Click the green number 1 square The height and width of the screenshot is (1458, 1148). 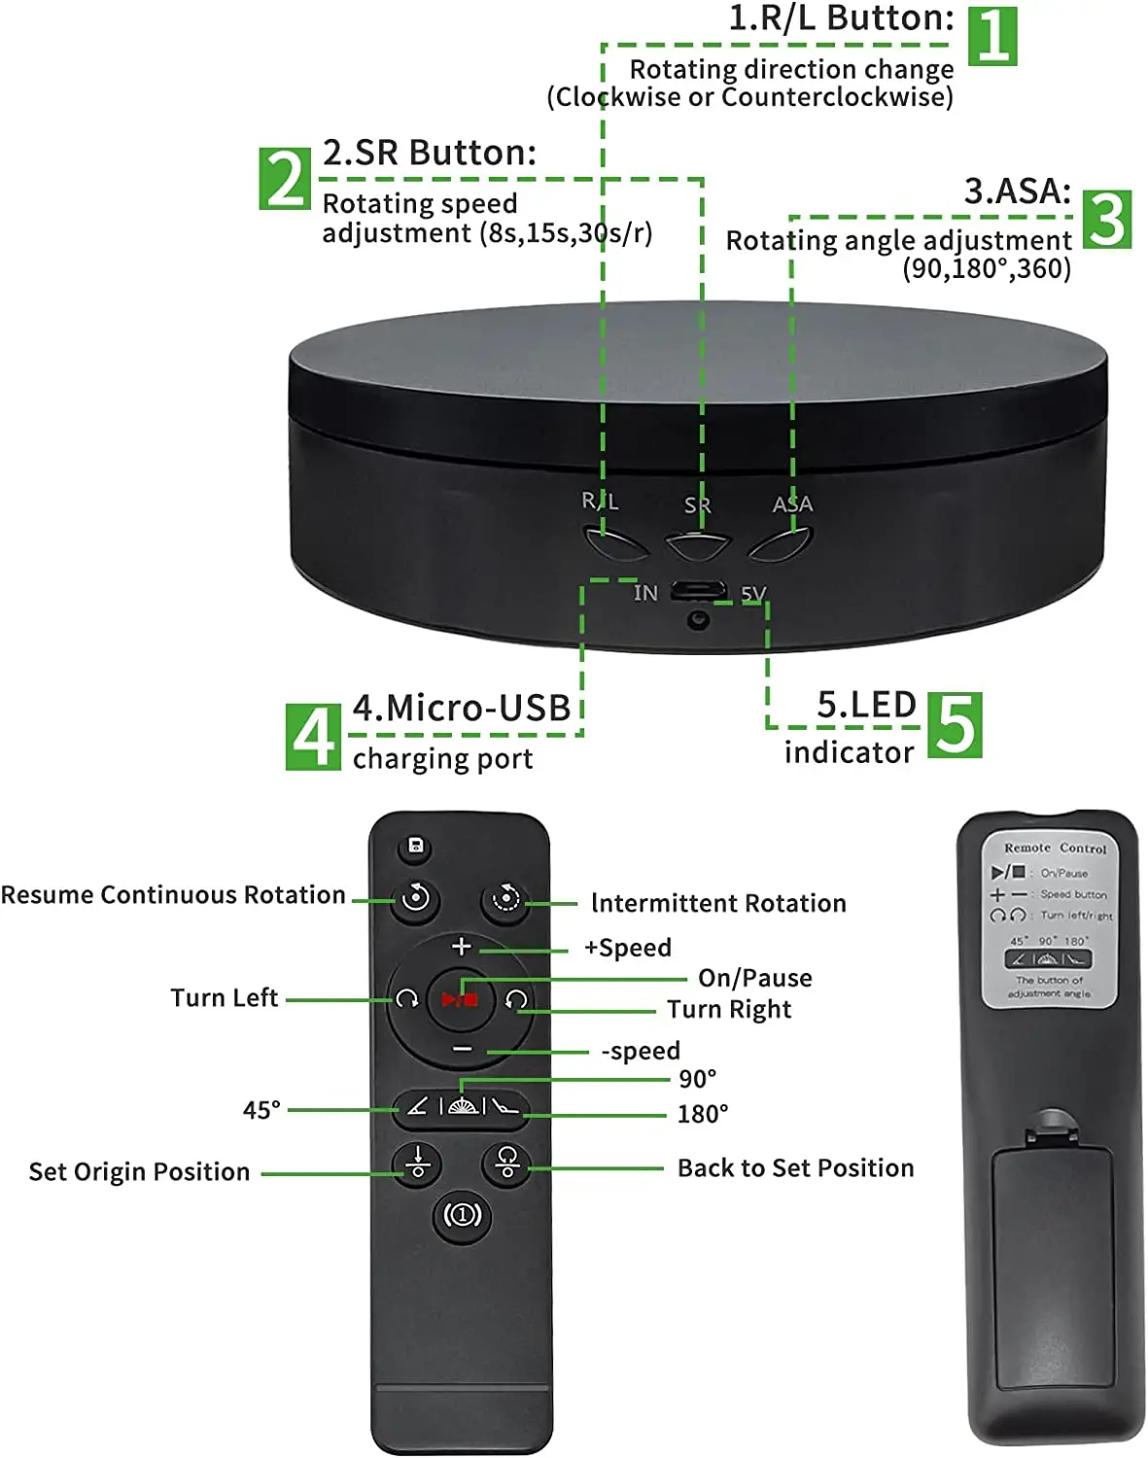pyautogui.click(x=992, y=36)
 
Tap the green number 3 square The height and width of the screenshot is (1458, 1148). pyautogui.click(x=1106, y=220)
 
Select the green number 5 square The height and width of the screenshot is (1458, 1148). pyautogui.click(x=955, y=725)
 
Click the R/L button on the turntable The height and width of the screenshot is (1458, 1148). pyautogui.click(x=615, y=542)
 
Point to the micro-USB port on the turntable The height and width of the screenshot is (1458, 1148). pyautogui.click(x=698, y=590)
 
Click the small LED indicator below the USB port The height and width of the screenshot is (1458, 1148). pyautogui.click(x=697, y=619)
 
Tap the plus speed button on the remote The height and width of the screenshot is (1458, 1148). pyautogui.click(x=461, y=946)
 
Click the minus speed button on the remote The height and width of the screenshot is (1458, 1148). pyautogui.click(x=462, y=1050)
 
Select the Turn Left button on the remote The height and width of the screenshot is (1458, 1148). pyautogui.click(x=407, y=999)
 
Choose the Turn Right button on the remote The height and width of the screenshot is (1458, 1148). pyautogui.click(x=516, y=999)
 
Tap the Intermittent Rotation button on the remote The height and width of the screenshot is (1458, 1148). pyautogui.click(x=505, y=899)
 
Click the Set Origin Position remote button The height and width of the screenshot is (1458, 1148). pyautogui.click(x=417, y=1163)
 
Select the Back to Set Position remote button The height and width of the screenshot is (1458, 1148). pyautogui.click(x=506, y=1163)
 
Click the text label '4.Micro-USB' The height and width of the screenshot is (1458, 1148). pyautogui.click(x=461, y=709)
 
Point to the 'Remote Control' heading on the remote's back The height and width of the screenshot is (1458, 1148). pyautogui.click(x=1055, y=848)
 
